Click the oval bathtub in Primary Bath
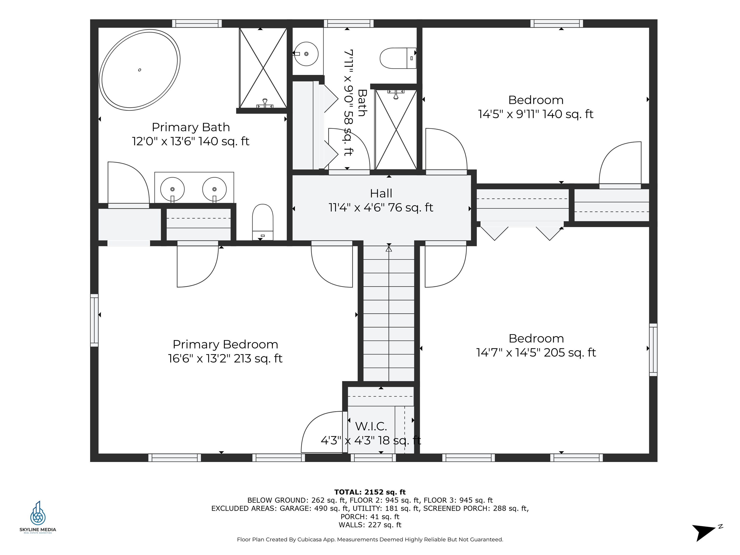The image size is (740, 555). click(x=139, y=70)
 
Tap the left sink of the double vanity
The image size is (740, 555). click(x=172, y=189)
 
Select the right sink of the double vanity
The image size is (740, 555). click(x=214, y=189)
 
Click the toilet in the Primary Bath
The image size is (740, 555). click(x=263, y=221)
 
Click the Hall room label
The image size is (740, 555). click(x=381, y=193)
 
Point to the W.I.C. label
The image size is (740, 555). click(x=371, y=426)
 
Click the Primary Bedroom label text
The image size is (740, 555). click(x=225, y=344)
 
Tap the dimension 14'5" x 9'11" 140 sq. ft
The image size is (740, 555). click(x=535, y=114)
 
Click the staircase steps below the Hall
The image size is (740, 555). click(x=389, y=314)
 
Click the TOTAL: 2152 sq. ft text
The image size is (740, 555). click(x=370, y=492)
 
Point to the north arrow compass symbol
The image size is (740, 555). click(x=704, y=532)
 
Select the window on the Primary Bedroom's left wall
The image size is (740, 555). click(x=94, y=320)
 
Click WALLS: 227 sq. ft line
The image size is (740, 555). click(x=370, y=525)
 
